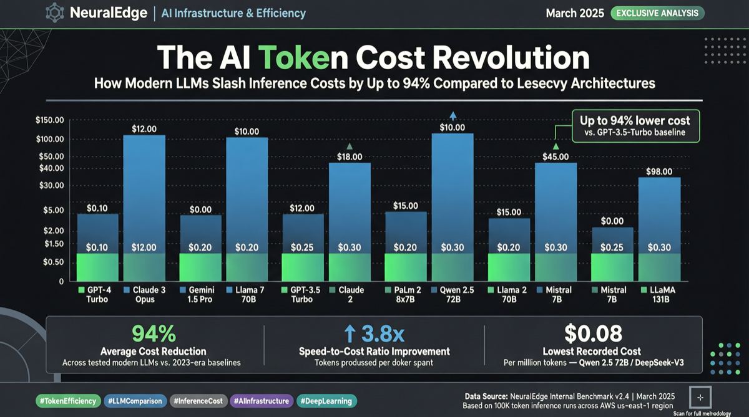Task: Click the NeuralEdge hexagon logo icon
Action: pyautogui.click(x=54, y=13)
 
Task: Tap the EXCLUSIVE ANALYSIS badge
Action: pyautogui.click(x=657, y=13)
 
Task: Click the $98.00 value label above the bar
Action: pyautogui.click(x=659, y=171)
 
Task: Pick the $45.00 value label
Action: pyautogui.click(x=556, y=156)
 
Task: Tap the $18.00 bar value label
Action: pyautogui.click(x=350, y=156)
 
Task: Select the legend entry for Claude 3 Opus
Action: pyautogui.click(x=145, y=295)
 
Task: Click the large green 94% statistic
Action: pyautogui.click(x=154, y=334)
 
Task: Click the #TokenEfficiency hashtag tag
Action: pyautogui.click(x=67, y=401)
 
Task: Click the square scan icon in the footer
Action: pyautogui.click(x=700, y=397)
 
